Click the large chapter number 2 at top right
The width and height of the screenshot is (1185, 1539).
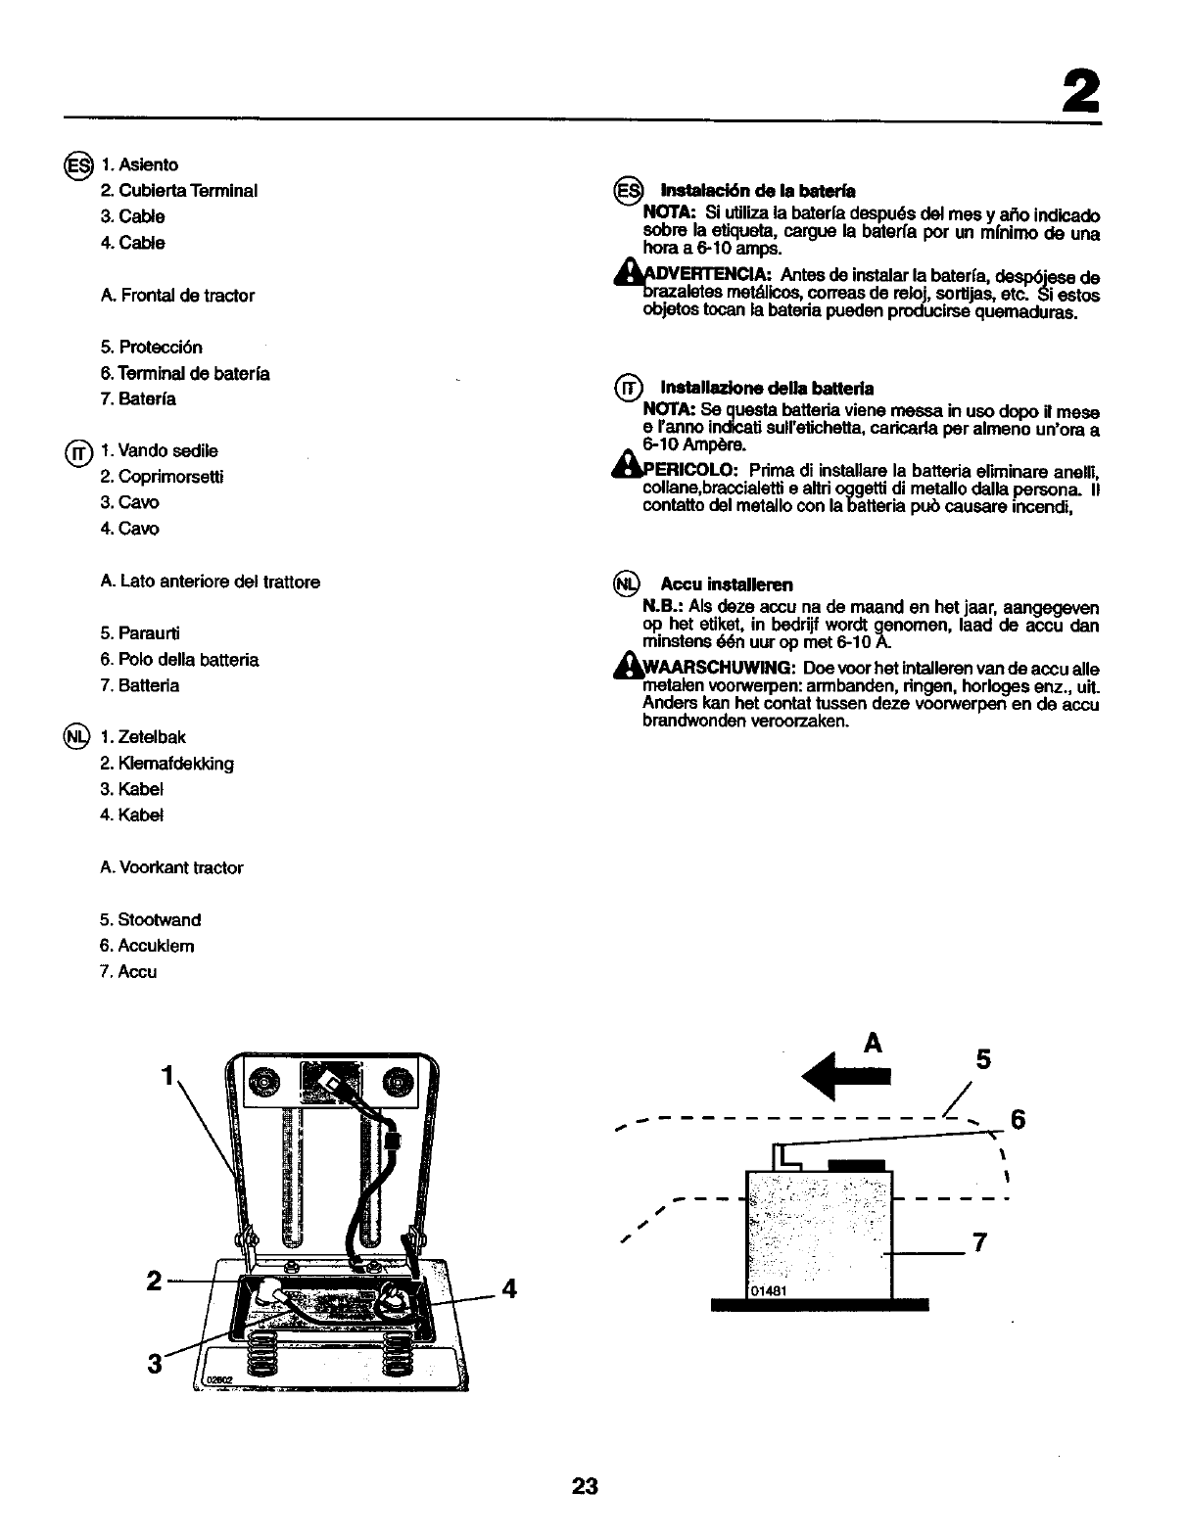point(1077,93)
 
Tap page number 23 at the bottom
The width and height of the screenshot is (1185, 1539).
point(585,1486)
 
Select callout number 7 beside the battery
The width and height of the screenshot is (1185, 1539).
point(976,1243)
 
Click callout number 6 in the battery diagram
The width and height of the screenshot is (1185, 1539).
point(1018,1120)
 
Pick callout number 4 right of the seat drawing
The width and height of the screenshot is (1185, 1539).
point(507,1286)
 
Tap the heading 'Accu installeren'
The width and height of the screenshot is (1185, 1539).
point(726,584)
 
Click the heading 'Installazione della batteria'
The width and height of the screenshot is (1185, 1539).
point(767,389)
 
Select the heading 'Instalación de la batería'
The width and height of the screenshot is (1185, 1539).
point(758,190)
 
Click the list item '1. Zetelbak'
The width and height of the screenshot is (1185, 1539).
point(143,737)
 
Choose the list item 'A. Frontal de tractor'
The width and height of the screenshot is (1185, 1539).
point(177,295)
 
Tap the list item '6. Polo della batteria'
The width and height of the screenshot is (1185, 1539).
point(179,660)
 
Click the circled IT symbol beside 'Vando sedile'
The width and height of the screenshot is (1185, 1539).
point(77,452)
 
